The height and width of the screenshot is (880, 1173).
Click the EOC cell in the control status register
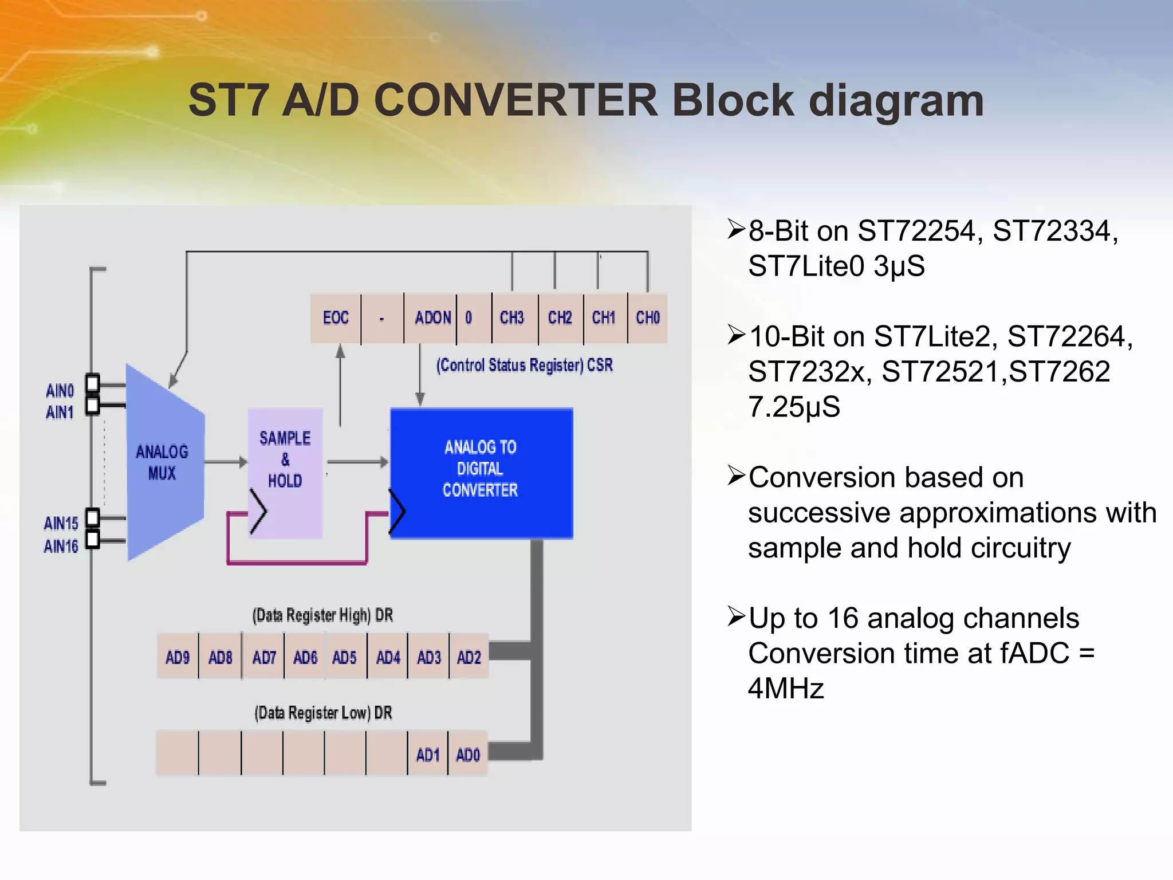point(336,318)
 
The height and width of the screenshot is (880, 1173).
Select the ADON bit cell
point(432,318)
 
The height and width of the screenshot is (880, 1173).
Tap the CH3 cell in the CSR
point(512,318)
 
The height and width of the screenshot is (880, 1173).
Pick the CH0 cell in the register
point(648,318)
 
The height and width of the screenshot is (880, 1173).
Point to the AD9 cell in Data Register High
point(178,657)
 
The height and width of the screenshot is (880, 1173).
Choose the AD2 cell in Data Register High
point(469,657)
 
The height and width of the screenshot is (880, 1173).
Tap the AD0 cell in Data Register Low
point(468,755)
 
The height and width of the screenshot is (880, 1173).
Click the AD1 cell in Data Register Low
point(428,755)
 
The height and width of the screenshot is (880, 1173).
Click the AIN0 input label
point(60,391)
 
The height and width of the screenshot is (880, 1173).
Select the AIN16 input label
point(61,547)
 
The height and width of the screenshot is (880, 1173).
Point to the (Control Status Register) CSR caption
point(525,365)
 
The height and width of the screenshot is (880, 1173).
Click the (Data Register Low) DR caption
point(324,713)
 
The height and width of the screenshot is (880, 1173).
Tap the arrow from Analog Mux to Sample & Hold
point(226,462)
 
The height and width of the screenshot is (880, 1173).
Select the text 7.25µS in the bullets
point(794,407)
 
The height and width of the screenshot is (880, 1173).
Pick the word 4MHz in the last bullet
point(786,688)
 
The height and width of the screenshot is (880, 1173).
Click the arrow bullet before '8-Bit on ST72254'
point(735,229)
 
